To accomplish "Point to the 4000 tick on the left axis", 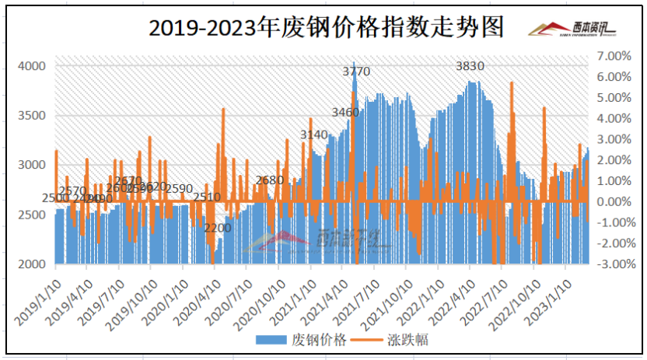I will pyautogui.click(x=31, y=66).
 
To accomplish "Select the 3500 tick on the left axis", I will pyautogui.click(x=31, y=116).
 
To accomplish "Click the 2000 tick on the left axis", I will pyautogui.click(x=31, y=264).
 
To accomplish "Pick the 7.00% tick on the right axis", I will pyautogui.click(x=612, y=57).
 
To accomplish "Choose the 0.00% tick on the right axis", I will pyautogui.click(x=612, y=201).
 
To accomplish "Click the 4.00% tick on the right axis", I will pyautogui.click(x=612, y=119).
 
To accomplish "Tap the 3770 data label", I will pyautogui.click(x=357, y=72).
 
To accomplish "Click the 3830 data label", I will pyautogui.click(x=470, y=66).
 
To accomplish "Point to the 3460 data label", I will pyautogui.click(x=345, y=113).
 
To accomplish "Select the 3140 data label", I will pyautogui.click(x=314, y=135).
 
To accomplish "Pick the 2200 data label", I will pyautogui.click(x=218, y=229).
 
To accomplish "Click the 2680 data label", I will pyautogui.click(x=270, y=180).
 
